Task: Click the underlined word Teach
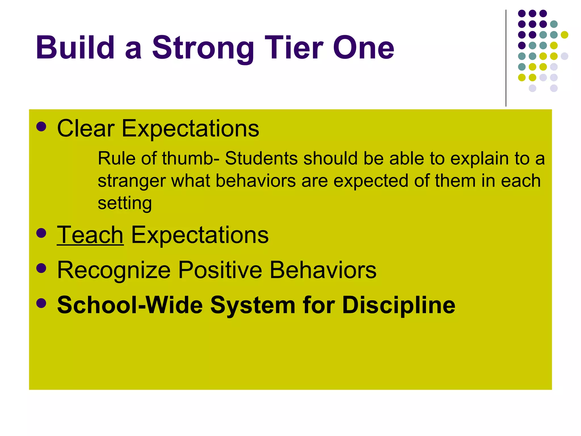pyautogui.click(x=90, y=235)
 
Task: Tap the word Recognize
pyautogui.click(x=114, y=270)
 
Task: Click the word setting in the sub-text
pyautogui.click(x=125, y=204)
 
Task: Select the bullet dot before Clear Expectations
pyautogui.click(x=41, y=127)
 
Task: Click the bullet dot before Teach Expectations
pyautogui.click(x=41, y=233)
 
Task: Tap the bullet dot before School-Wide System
pyautogui.click(x=41, y=303)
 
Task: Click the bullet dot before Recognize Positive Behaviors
pyautogui.click(x=41, y=268)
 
